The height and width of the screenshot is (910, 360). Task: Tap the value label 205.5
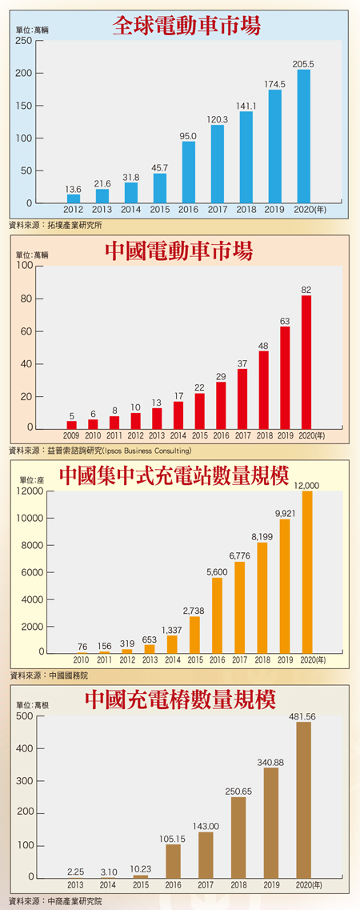pyautogui.click(x=303, y=64)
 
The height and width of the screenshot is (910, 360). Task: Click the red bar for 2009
pyautogui.click(x=72, y=425)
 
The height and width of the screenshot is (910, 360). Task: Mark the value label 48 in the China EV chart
pyautogui.click(x=263, y=346)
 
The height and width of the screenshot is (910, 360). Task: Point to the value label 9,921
pyautogui.click(x=284, y=513)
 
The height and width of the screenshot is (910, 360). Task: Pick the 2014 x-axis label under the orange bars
pyautogui.click(x=171, y=660)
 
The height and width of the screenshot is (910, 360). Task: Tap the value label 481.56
pyautogui.click(x=303, y=716)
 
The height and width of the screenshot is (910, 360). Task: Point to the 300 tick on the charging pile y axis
pyautogui.click(x=23, y=780)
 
